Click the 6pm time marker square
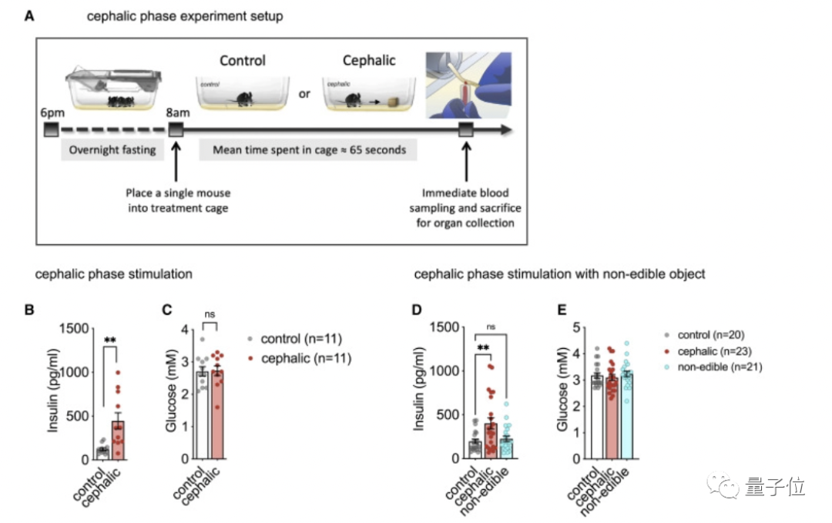point(52,130)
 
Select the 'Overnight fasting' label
point(112,149)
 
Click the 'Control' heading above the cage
point(243,60)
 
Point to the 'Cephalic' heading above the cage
point(368,60)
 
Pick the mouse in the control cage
point(243,99)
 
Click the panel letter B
point(30,311)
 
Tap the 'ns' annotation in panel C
point(208,313)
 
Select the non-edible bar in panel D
point(505,448)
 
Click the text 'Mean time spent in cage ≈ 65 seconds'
point(309,149)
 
